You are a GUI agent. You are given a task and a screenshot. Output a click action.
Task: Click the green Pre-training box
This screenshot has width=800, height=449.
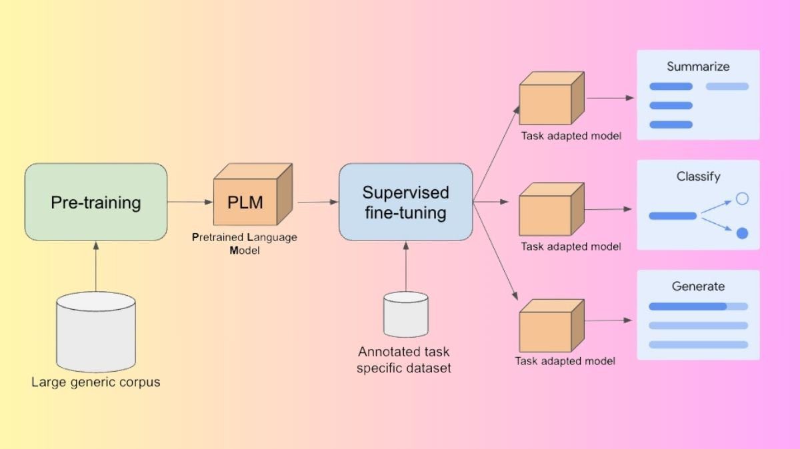tap(95, 202)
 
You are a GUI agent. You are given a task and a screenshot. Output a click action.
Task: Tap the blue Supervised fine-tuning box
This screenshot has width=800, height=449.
tap(405, 202)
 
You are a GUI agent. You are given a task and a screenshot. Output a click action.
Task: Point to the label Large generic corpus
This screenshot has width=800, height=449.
tap(96, 382)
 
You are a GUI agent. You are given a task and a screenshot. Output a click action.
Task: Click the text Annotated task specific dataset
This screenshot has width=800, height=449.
tap(404, 360)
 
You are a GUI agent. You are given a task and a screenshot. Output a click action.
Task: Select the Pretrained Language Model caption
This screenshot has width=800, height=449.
tap(244, 244)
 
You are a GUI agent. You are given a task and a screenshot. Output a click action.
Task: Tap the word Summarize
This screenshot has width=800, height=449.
tap(698, 67)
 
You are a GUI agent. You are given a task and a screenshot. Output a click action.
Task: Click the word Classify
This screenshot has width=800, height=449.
tap(698, 177)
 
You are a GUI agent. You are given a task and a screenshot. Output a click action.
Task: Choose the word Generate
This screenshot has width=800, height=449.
tap(698, 286)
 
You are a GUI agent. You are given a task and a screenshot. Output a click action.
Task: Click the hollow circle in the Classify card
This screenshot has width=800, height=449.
tap(742, 199)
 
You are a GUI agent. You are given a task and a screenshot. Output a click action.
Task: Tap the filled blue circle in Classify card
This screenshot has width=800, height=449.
tap(742, 233)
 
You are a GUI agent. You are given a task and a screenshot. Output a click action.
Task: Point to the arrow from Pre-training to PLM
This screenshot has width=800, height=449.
tap(190, 201)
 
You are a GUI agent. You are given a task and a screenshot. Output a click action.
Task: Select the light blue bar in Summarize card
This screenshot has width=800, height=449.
tap(727, 86)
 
